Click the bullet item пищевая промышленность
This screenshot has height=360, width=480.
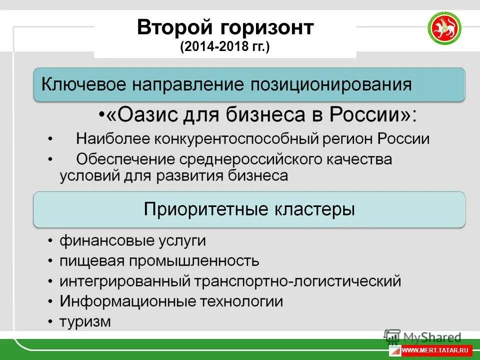pyautogui.click(x=159, y=260)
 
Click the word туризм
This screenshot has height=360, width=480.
pyautogui.click(x=85, y=321)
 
